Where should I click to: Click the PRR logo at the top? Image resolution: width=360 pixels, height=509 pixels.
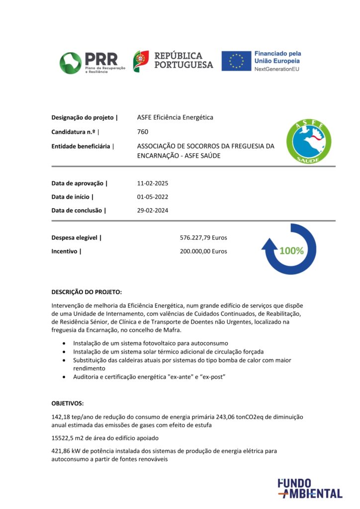pos(90,63)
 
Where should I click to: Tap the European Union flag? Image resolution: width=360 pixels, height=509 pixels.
pos(236,61)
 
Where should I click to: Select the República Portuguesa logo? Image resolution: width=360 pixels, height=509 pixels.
pos(173,61)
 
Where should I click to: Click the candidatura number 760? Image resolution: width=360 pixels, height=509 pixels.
pos(143,132)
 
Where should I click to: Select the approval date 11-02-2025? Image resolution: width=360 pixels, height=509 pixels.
pos(153,183)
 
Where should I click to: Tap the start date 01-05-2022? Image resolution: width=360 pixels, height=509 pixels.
pos(153,197)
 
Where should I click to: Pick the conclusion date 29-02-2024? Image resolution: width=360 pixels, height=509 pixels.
pos(153,210)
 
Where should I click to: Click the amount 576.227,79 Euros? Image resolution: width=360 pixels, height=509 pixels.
pos(203,238)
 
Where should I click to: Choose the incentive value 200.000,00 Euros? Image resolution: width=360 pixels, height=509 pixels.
pos(203,251)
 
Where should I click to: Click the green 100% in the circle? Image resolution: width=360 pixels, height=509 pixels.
pos(291,251)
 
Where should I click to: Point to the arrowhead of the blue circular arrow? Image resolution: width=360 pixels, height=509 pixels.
pos(270,244)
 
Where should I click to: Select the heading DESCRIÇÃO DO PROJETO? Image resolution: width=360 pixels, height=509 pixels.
pos(87,292)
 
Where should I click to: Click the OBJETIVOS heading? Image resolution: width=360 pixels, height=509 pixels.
pos(68,403)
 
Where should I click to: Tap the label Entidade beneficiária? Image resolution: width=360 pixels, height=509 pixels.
pos(83,146)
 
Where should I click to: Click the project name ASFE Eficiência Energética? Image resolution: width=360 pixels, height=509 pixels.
pos(175,117)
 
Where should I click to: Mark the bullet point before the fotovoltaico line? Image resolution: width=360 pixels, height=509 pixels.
pos(64,343)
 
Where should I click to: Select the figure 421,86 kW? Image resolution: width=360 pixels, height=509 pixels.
pos(67,451)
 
